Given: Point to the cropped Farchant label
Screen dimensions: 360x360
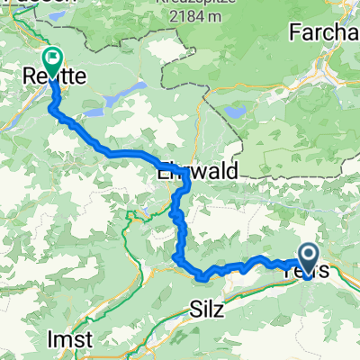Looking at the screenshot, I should (x=324, y=32).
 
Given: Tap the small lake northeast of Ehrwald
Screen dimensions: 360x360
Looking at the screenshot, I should (x=236, y=112).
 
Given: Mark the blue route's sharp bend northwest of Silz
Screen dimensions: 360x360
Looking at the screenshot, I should (x=174, y=259).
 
